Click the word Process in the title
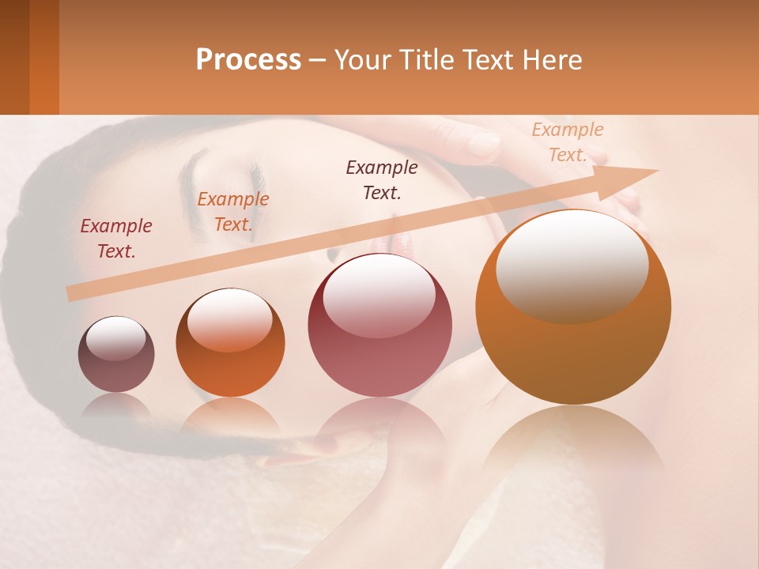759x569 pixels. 248,60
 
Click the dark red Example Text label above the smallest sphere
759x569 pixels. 116,239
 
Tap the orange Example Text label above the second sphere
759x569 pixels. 232,212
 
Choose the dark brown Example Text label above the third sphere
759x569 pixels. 382,179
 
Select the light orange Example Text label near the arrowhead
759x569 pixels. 568,142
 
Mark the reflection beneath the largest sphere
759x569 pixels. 573,443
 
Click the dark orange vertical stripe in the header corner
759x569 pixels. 43,57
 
